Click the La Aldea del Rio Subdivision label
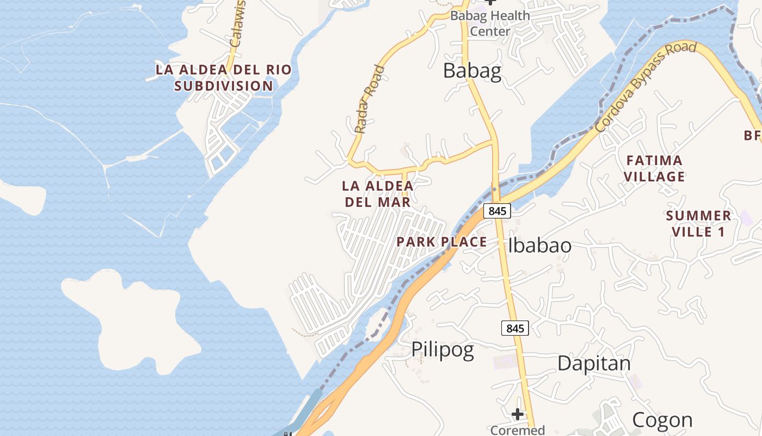(x=224, y=78)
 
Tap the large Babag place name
(x=472, y=71)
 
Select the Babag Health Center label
(x=490, y=23)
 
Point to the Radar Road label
(x=370, y=99)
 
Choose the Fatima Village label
(x=654, y=168)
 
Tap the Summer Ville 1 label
(x=698, y=223)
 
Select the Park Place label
(x=441, y=242)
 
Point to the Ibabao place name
(x=539, y=246)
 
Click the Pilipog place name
(x=442, y=350)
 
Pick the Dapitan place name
(x=594, y=363)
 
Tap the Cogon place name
(x=662, y=420)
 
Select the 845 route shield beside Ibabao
(x=497, y=210)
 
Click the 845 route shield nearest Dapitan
(x=514, y=328)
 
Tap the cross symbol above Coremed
(x=517, y=414)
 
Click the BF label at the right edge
(x=752, y=135)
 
